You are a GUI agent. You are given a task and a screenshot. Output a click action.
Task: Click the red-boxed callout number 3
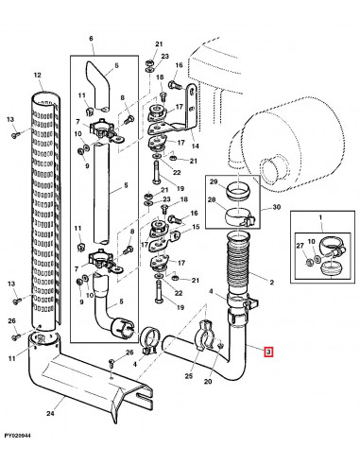[268, 352]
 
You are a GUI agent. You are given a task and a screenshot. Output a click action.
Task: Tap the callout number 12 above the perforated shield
[37, 75]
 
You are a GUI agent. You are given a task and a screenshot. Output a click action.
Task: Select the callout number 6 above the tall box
[91, 39]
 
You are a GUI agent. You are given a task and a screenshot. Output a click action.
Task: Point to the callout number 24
[50, 414]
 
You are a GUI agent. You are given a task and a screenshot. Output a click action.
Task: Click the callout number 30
[276, 207]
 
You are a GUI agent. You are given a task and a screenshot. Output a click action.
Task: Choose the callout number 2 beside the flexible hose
[272, 282]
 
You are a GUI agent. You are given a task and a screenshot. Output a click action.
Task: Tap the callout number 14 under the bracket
[196, 146]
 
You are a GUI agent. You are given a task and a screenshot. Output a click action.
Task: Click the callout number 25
[188, 376]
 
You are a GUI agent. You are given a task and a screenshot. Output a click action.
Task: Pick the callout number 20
[208, 382]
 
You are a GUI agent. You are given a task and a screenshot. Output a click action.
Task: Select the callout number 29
[214, 181]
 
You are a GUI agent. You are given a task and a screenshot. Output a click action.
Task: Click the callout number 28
[211, 199]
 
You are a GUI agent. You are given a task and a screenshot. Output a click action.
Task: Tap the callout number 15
[196, 227]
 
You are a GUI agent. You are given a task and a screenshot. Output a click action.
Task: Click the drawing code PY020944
[18, 436]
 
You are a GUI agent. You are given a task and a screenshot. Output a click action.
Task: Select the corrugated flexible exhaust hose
[238, 264]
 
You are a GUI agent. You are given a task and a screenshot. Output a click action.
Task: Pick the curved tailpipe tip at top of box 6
[99, 85]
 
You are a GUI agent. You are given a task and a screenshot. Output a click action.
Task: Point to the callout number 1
[320, 217]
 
